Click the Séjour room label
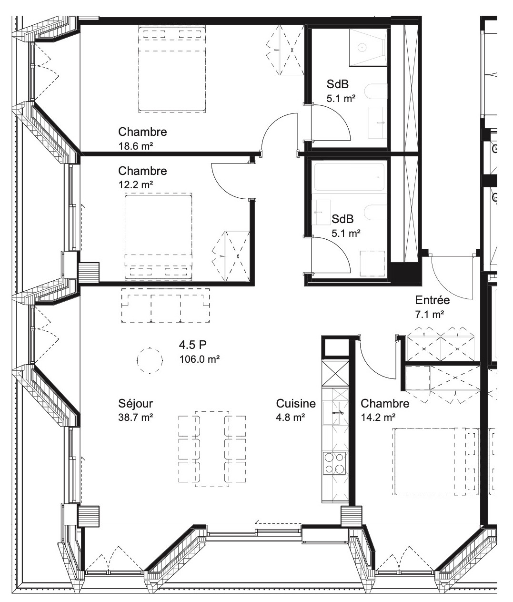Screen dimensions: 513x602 pyautogui.click(x=135, y=404)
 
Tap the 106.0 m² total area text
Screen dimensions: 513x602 pyautogui.click(x=199, y=359)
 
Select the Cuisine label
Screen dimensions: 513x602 pyautogui.click(x=296, y=404)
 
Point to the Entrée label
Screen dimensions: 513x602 pyautogui.click(x=433, y=300)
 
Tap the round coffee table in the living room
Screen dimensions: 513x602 pyautogui.click(x=150, y=360)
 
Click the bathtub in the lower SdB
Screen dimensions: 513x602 pyautogui.click(x=348, y=177)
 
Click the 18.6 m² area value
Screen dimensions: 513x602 pyautogui.click(x=136, y=146)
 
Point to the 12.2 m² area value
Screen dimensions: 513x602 pyautogui.click(x=136, y=184)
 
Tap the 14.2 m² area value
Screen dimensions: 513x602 pyautogui.click(x=378, y=418)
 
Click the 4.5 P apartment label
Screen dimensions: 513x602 pyautogui.click(x=192, y=345)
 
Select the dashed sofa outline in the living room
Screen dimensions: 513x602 pyautogui.click(x=166, y=305)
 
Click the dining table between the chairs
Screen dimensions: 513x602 pyautogui.click(x=212, y=449)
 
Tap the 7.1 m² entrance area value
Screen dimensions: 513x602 pyautogui.click(x=430, y=315)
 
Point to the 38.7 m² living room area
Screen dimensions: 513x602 pyautogui.click(x=136, y=418)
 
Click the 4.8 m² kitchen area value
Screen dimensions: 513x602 pyautogui.click(x=291, y=418)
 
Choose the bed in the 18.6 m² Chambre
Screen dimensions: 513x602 pyautogui.click(x=172, y=69)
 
